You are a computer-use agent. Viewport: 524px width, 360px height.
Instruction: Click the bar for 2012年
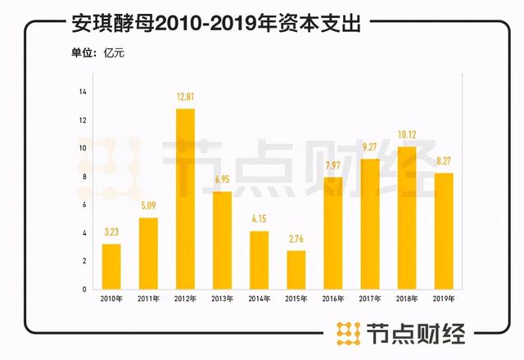[185, 199]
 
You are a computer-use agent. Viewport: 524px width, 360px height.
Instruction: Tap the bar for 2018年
[407, 218]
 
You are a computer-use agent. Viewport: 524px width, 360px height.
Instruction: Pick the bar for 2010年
[111, 266]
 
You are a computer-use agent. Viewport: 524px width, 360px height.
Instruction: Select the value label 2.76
[296, 240]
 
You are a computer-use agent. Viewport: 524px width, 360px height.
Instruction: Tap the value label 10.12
[407, 137]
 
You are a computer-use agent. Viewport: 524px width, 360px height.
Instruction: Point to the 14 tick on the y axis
[83, 92]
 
